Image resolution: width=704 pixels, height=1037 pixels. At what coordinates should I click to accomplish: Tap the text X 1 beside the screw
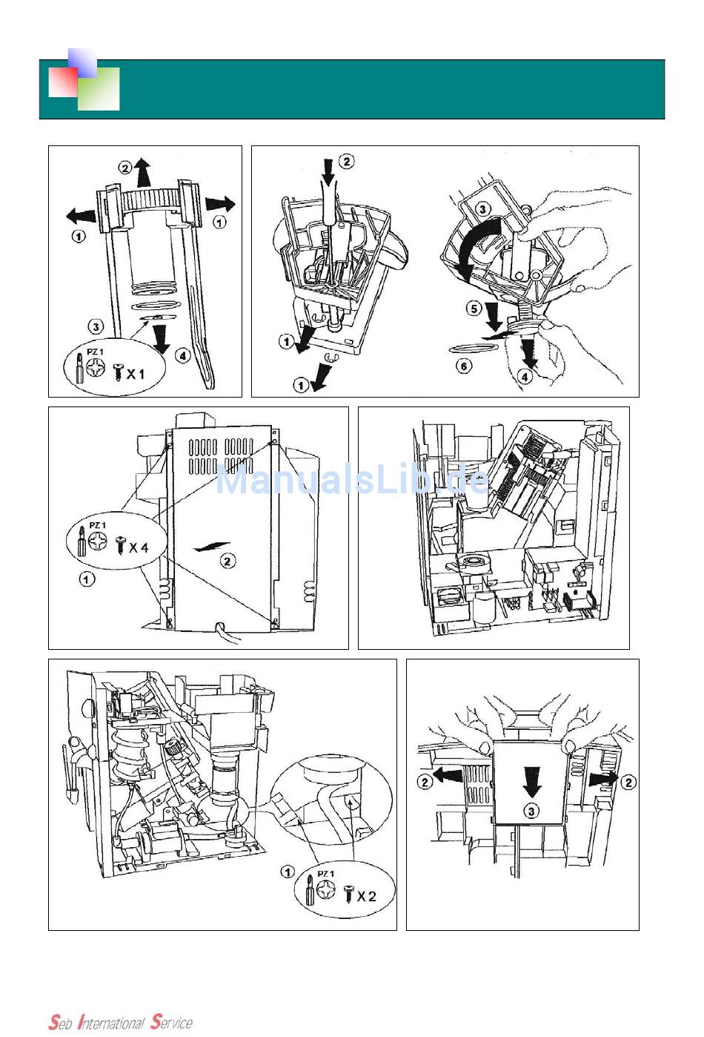(136, 374)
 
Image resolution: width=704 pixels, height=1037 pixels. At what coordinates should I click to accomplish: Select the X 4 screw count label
(139, 547)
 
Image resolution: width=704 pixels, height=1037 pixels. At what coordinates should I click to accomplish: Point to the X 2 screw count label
(366, 896)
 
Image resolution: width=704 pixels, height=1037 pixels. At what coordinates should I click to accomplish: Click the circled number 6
(464, 366)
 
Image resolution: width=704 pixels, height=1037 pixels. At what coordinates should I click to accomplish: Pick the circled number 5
(474, 307)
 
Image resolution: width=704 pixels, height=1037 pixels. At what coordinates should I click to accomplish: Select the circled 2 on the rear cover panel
(228, 561)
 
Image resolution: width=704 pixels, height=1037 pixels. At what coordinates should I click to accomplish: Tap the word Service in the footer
(171, 1022)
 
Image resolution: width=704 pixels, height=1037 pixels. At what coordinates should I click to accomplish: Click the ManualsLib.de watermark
(352, 479)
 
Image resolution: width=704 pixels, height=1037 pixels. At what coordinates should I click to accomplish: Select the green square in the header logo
(99, 89)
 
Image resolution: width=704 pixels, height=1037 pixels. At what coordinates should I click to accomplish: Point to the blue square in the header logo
(82, 62)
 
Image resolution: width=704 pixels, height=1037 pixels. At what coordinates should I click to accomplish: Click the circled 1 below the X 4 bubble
(87, 579)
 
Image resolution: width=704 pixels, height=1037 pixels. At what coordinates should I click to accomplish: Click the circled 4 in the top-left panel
(183, 355)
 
